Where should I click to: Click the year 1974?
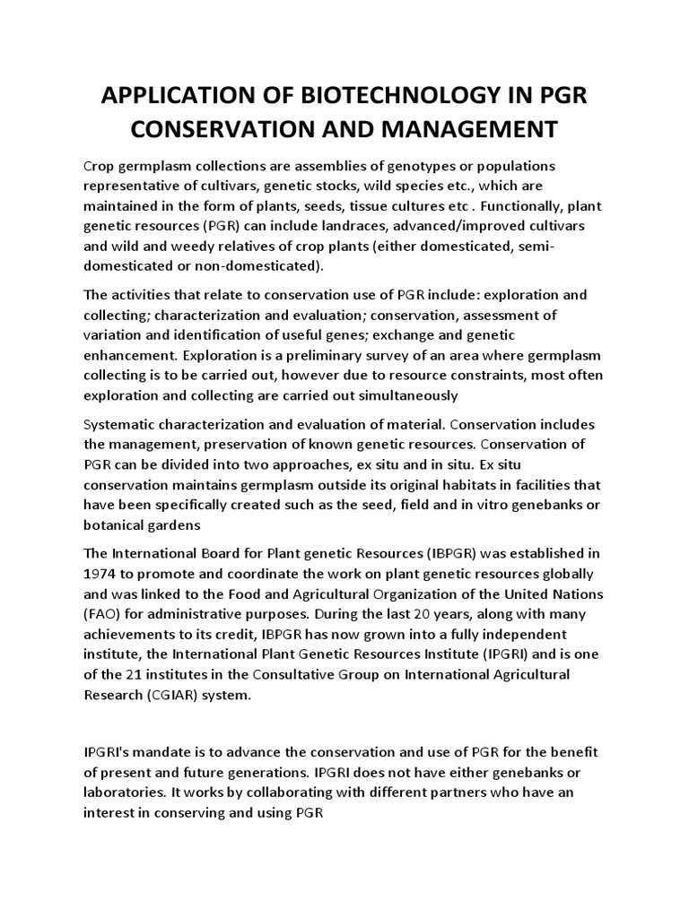tap(101, 574)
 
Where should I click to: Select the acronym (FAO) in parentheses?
tap(102, 615)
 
